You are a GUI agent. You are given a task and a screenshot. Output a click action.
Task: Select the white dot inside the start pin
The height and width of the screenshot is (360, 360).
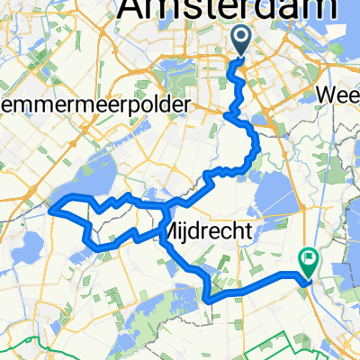pyautogui.click(x=241, y=36)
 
